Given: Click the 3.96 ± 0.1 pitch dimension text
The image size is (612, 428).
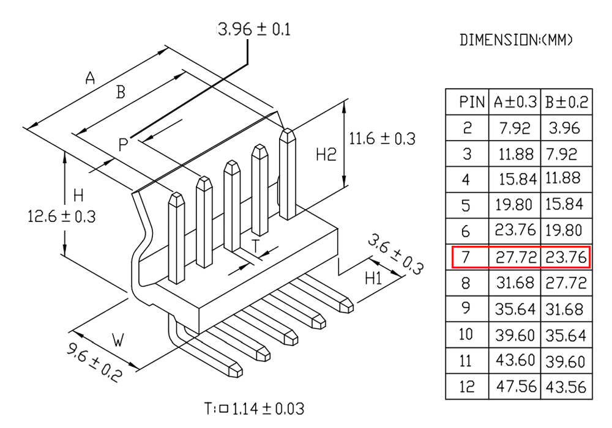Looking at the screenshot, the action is (x=255, y=29).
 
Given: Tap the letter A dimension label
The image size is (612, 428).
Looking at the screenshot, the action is (x=90, y=78).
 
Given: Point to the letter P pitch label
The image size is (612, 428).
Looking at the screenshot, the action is (x=123, y=145).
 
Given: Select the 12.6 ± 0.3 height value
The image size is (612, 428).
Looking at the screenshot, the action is (x=62, y=216).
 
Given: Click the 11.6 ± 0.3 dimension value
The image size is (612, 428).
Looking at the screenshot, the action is (x=382, y=139).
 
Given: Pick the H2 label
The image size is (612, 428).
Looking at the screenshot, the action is (x=326, y=155).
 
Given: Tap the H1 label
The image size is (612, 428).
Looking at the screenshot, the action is (x=373, y=278).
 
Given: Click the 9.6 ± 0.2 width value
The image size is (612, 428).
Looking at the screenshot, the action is (x=94, y=362).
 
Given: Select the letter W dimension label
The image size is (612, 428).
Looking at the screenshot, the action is (x=118, y=341).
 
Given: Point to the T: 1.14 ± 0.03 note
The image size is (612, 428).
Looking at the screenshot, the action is (x=255, y=408).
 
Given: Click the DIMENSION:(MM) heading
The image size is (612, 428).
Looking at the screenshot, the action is (x=516, y=40).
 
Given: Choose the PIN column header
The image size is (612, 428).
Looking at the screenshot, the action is (x=472, y=102).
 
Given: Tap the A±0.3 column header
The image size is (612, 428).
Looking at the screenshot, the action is (x=515, y=102).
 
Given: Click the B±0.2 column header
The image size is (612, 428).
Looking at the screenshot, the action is (x=567, y=102).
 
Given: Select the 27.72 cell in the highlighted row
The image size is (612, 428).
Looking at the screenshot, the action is (x=516, y=257).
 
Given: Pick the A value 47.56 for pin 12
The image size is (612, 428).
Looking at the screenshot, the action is (x=516, y=386).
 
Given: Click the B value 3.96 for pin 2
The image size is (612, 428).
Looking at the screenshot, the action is (x=564, y=128).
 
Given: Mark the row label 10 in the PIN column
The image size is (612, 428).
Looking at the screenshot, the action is (x=466, y=334).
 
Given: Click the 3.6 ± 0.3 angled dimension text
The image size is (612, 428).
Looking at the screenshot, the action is (x=395, y=254).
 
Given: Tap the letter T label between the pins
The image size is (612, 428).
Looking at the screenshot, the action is (x=255, y=246).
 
